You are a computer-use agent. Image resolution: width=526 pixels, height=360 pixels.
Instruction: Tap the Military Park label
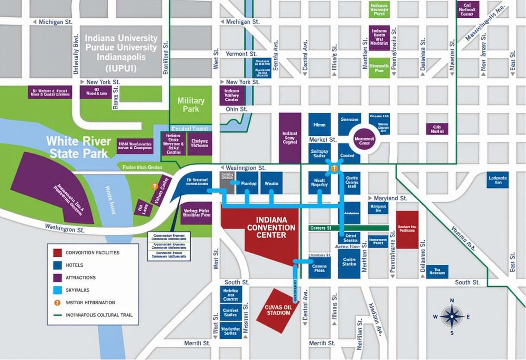(x=191, y=105)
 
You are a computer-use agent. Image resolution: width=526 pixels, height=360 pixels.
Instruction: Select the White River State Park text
(x=79, y=147)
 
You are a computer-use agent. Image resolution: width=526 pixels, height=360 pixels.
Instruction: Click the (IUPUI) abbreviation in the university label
(x=121, y=68)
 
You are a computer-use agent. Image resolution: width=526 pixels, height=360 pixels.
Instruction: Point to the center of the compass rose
(x=452, y=316)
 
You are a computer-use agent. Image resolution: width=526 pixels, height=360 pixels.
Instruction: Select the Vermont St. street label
(x=241, y=54)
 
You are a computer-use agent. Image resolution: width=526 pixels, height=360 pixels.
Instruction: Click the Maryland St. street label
(x=390, y=198)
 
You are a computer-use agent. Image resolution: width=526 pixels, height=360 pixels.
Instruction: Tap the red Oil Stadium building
(x=277, y=310)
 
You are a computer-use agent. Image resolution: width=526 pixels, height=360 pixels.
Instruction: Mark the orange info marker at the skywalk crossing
(x=334, y=169)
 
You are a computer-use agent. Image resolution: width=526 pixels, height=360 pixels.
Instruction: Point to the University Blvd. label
(x=76, y=55)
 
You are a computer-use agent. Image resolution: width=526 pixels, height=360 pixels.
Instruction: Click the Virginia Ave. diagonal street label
(x=463, y=238)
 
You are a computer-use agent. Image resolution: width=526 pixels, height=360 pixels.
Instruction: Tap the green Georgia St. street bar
(x=349, y=228)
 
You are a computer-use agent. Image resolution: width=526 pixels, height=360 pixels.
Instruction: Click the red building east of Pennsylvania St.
(x=407, y=229)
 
